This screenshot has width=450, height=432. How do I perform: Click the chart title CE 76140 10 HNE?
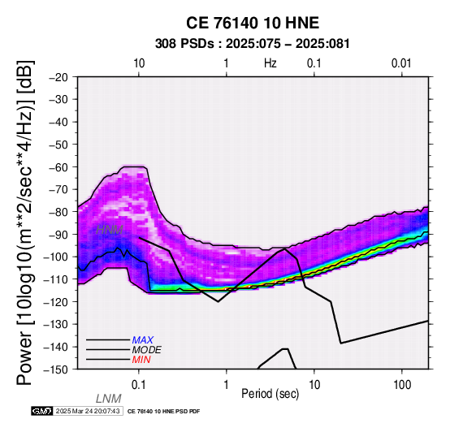pos(253,23)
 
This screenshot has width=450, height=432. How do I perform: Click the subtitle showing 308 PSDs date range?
pos(253,44)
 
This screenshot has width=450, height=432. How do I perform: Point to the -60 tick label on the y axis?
pos(58,167)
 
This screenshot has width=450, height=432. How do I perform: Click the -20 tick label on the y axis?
pos(58,77)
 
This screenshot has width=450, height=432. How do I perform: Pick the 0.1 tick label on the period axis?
pos(139,385)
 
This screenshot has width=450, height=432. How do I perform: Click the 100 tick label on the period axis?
pos(402,385)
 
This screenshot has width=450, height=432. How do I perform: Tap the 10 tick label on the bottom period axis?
pos(314,385)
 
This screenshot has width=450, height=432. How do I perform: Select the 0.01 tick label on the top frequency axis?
pos(401,63)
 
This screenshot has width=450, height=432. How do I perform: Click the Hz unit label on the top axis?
pos(270,63)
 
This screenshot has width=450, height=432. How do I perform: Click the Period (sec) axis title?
pos(270,394)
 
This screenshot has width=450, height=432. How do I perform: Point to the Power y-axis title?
pos(24,222)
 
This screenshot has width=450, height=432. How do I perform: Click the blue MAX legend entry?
pos(143,340)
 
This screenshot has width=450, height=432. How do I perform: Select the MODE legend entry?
pos(147,350)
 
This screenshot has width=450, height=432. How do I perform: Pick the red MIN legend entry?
pos(141,360)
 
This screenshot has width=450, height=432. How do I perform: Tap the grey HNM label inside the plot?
pos(110,230)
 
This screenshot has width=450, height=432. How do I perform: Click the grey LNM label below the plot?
pos(109,399)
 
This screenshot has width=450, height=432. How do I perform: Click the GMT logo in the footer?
pos(42,411)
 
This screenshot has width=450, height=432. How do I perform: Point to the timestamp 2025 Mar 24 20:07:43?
pos(88,411)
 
